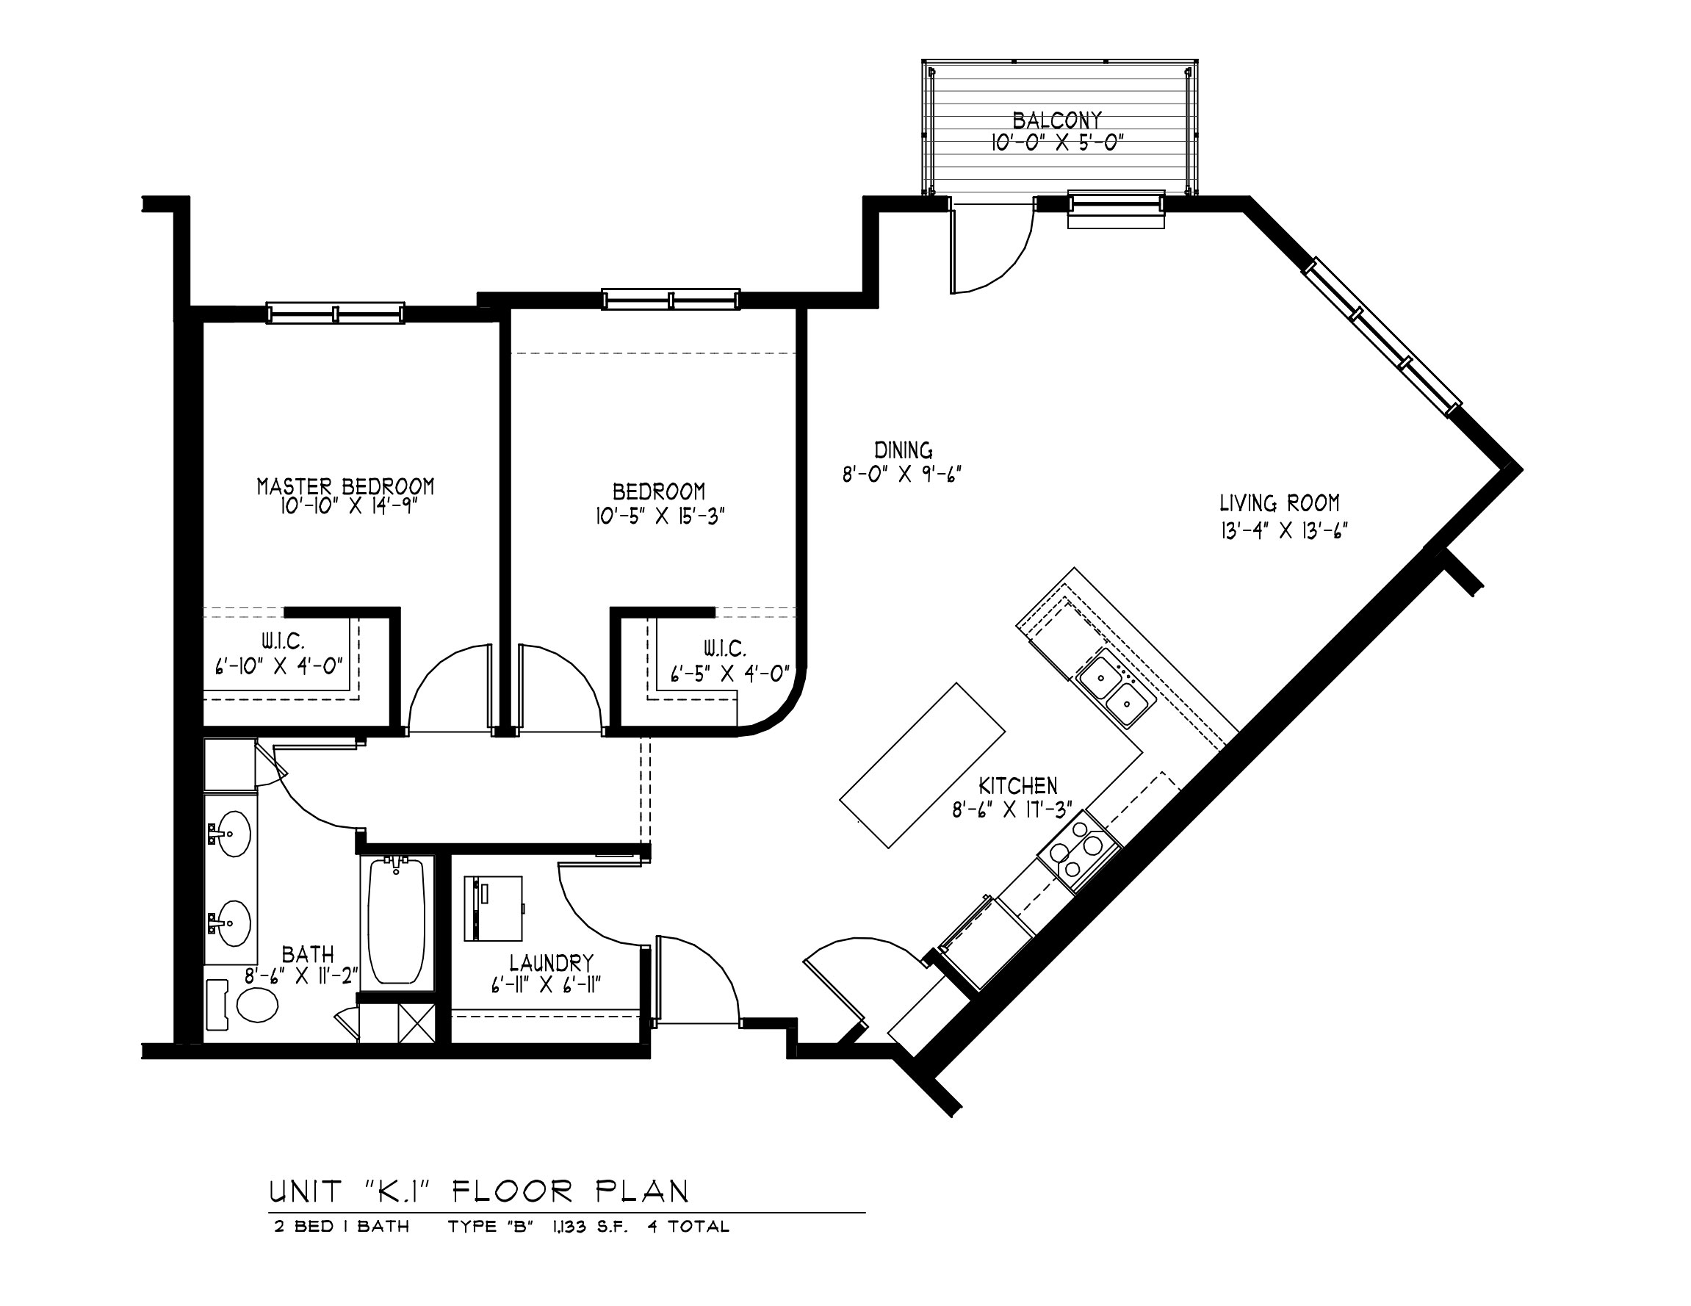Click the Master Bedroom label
click(x=345, y=486)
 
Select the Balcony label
click(x=1057, y=120)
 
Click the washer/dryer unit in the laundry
click(x=493, y=908)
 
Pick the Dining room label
click(x=903, y=450)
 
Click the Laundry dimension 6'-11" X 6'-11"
click(x=546, y=985)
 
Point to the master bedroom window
click(x=335, y=314)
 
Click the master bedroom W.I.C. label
click(x=282, y=641)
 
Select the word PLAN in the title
click(x=642, y=1191)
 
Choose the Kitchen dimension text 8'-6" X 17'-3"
click(x=1013, y=810)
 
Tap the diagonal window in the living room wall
click(x=1382, y=338)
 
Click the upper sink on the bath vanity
click(x=231, y=834)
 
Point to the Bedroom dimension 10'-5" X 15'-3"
click(x=660, y=516)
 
